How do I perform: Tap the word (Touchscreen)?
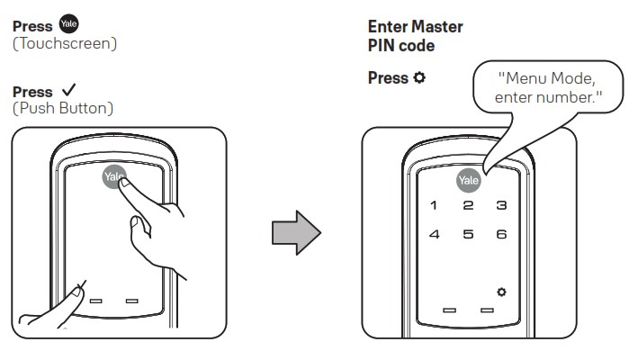coord(64,42)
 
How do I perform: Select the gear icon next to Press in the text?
coord(418,78)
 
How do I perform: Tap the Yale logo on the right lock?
coord(468,180)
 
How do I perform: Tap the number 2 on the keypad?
coord(468,206)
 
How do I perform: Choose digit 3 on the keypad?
coord(501,206)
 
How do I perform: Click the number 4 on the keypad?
coord(435,235)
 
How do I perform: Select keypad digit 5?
coord(468,235)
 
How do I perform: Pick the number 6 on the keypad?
coord(501,235)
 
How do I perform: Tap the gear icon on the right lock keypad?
coord(500,292)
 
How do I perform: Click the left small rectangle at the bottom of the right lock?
coord(449,310)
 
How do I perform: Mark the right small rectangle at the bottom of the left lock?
coord(131,300)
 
